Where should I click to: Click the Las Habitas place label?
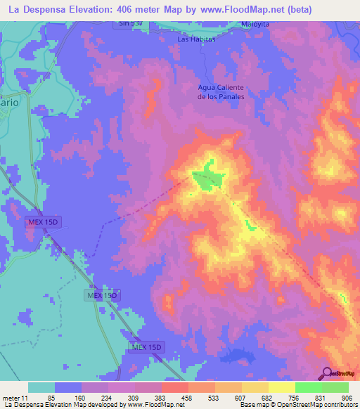pyautogui.click(x=195, y=39)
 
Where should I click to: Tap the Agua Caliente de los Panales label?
pyautogui.click(x=221, y=91)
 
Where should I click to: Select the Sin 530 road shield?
pyautogui.click(x=131, y=23)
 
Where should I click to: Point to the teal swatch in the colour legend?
pyautogui.click(x=41, y=387)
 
